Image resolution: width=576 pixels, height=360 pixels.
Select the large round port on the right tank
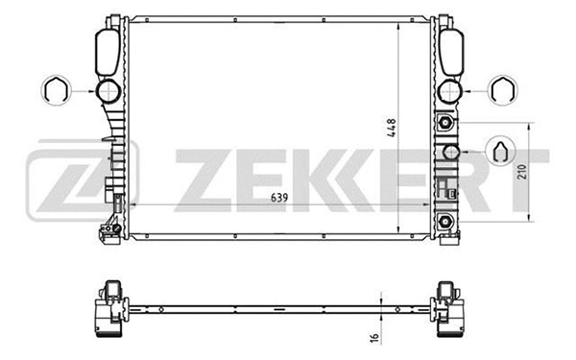448,92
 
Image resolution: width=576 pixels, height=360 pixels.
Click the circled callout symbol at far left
56,91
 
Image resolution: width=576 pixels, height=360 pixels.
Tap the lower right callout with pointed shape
499,151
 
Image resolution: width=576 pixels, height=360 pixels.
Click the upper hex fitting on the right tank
445,123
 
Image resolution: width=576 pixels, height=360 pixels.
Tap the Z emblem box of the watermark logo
81,180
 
